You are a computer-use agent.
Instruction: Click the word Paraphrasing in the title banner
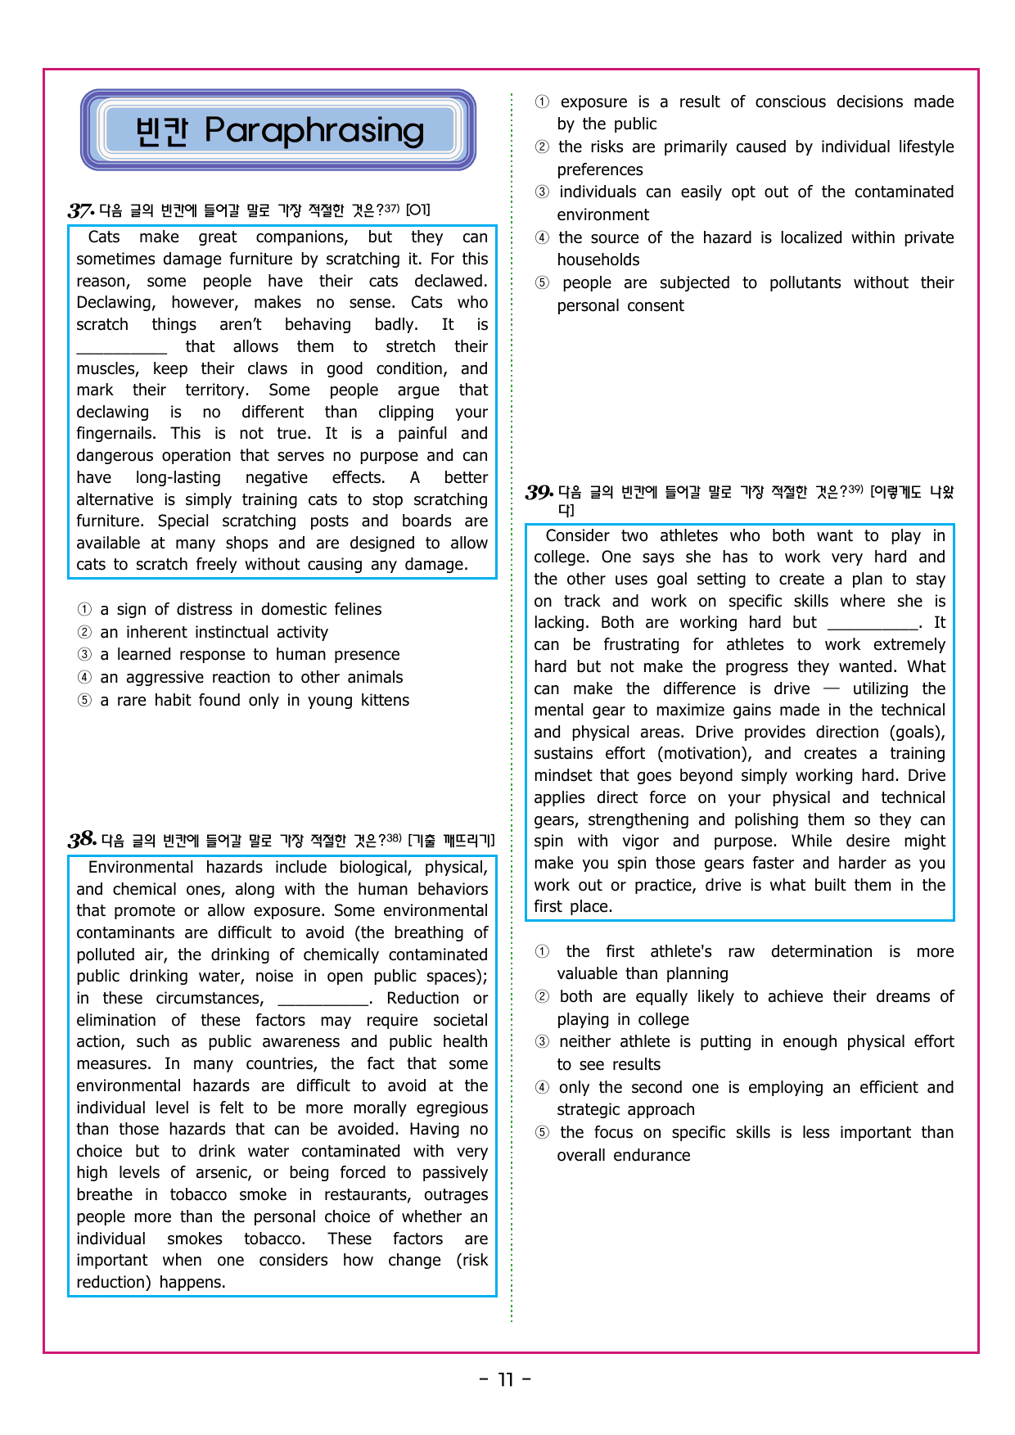coord(314,130)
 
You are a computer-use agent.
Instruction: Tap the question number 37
coord(80,210)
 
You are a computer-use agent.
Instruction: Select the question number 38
coord(82,840)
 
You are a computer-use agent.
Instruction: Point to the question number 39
coord(539,492)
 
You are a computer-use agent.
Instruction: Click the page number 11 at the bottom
coord(506,1380)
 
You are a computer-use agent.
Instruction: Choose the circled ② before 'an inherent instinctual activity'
coord(84,633)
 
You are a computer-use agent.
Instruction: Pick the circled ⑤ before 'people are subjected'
coord(542,283)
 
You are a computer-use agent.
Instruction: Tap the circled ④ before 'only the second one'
coord(542,1088)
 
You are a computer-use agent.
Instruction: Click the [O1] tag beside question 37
coord(417,210)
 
